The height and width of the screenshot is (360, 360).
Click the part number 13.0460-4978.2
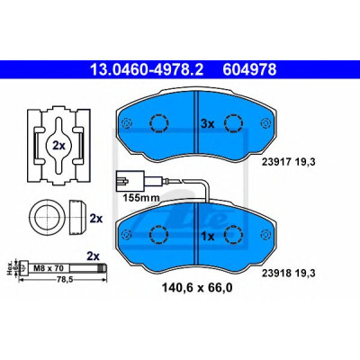click(x=147, y=69)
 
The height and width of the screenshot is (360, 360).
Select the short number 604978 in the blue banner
click(x=249, y=69)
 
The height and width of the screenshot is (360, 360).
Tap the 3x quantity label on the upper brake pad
click(x=207, y=123)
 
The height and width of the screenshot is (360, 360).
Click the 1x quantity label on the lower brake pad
click(x=207, y=237)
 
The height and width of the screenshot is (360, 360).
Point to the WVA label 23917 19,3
click(x=289, y=162)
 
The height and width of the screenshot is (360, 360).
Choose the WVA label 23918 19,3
click(x=289, y=274)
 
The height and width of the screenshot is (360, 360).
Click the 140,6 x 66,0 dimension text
click(x=197, y=288)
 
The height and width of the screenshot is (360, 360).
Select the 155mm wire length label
click(x=141, y=198)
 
